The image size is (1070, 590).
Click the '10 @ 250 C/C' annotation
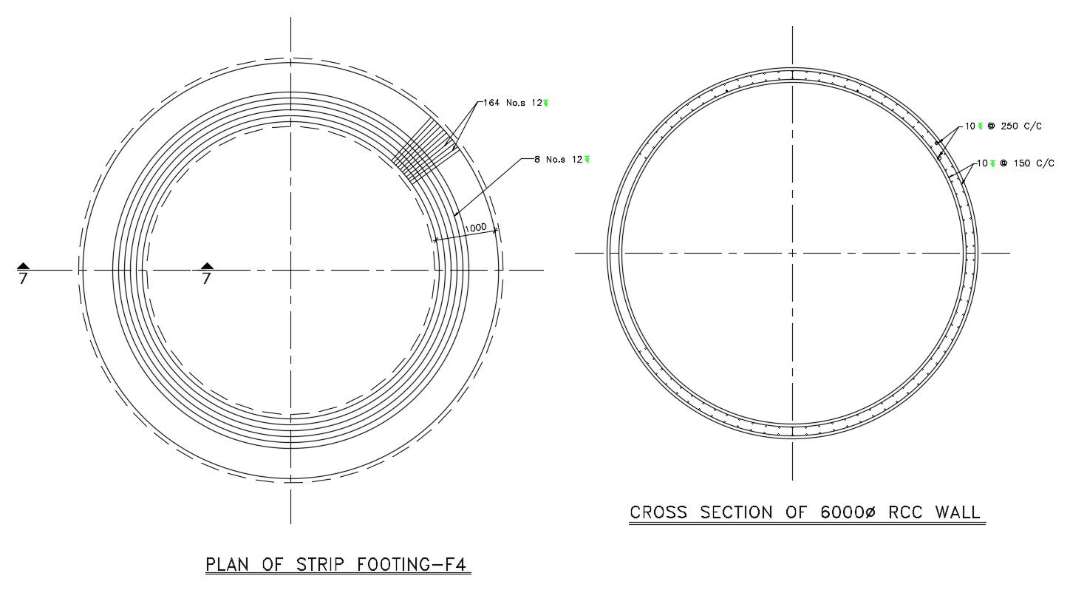pos(1003,126)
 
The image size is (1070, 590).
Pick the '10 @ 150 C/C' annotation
pos(1015,163)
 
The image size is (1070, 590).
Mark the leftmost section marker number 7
pos(23,279)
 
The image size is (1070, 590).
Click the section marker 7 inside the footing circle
pos(207,279)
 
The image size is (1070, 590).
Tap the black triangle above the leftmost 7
pos(23,266)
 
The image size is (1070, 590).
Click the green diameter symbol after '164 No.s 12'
pos(545,103)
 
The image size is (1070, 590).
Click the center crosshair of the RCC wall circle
pos(792,253)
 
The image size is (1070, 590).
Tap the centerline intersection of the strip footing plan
pos(290,270)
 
